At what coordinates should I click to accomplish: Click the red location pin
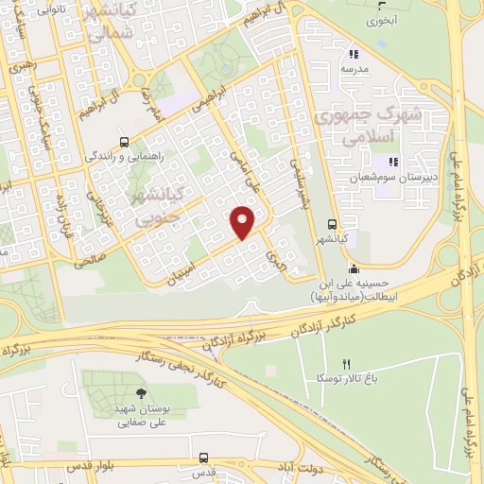(243, 221)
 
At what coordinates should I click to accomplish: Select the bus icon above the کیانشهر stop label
(331, 225)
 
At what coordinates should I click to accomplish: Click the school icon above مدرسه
(354, 54)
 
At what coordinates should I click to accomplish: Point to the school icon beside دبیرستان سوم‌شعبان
(393, 163)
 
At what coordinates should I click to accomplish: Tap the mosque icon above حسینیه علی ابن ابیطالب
(354, 267)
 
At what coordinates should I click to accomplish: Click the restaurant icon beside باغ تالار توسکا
(346, 365)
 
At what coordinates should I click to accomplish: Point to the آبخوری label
(383, 19)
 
